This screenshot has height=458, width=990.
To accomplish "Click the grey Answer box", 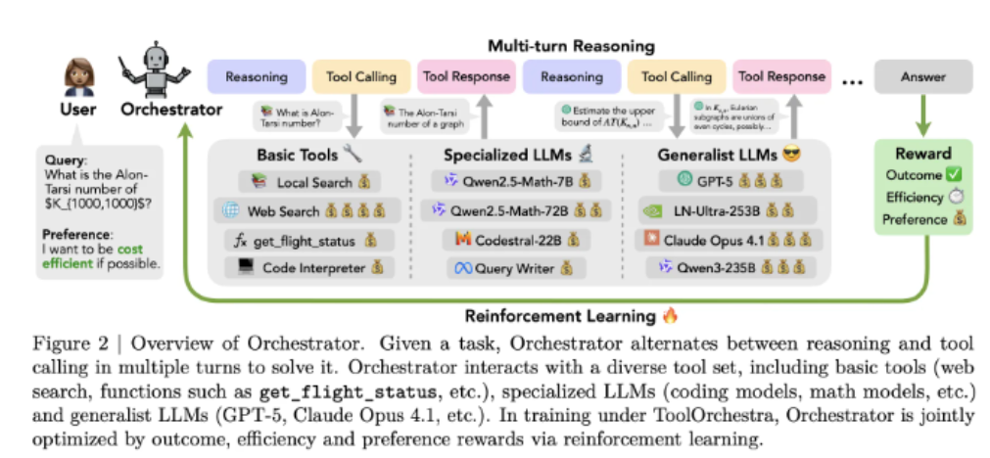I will (922, 76).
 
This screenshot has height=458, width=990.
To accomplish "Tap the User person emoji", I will (77, 74).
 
